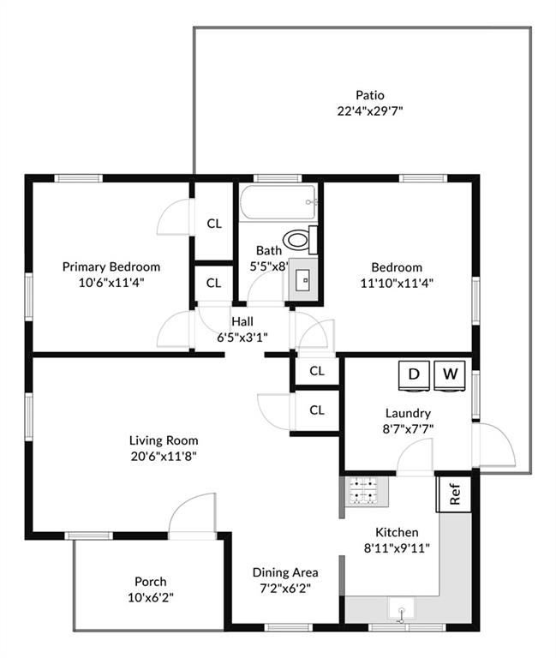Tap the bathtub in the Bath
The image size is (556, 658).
pyautogui.click(x=278, y=202)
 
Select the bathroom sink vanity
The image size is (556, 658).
pyautogui.click(x=302, y=279)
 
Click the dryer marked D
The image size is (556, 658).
pyautogui.click(x=414, y=375)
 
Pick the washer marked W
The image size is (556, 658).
pyautogui.click(x=450, y=375)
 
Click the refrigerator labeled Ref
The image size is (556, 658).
pyautogui.click(x=454, y=493)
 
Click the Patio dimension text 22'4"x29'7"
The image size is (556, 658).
pyautogui.click(x=370, y=111)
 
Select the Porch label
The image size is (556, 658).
pyautogui.click(x=150, y=582)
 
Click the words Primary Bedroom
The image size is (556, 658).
pyautogui.click(x=111, y=267)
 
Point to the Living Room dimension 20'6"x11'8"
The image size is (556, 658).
pyautogui.click(x=164, y=456)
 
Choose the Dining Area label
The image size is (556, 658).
pyautogui.click(x=285, y=572)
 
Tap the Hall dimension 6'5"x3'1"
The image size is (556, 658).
pyautogui.click(x=242, y=337)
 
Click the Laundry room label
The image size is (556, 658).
pyautogui.click(x=408, y=413)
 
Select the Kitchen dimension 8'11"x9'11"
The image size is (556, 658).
pyautogui.click(x=397, y=548)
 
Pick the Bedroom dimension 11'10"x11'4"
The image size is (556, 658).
pyautogui.click(x=397, y=284)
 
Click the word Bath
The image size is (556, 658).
pyautogui.click(x=268, y=250)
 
